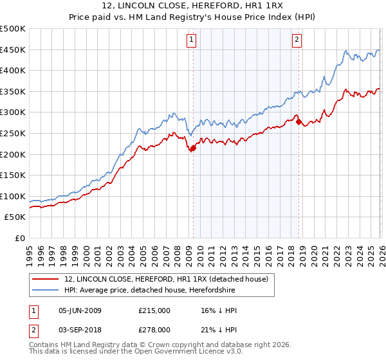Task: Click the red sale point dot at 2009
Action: coord(192,148)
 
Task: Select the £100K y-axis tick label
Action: coord(13,196)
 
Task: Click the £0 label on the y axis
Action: coord(19,238)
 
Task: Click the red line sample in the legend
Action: coord(46,278)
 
